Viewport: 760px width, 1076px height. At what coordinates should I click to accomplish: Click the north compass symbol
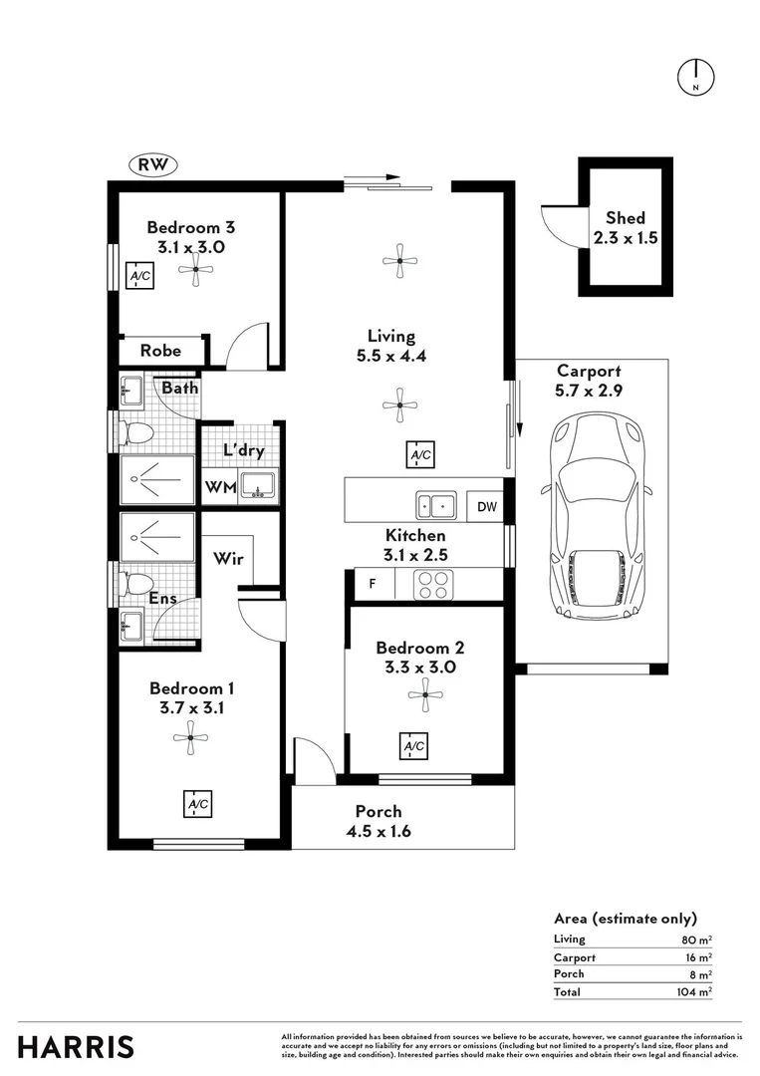pos(696,77)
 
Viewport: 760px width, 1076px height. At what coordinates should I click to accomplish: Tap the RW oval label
pos(153,165)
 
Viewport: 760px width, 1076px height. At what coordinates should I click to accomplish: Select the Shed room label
pos(626,218)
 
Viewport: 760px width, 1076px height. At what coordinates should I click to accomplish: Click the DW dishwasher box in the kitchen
pos(486,507)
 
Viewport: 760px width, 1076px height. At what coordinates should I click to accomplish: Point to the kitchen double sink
pos(436,506)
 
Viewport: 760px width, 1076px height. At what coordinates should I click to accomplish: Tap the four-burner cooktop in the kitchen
pos(434,584)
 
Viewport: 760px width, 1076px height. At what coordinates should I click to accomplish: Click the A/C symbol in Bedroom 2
pos(413,746)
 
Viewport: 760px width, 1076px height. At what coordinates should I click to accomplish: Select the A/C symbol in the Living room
pos(420,455)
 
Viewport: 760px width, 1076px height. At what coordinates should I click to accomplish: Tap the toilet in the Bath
pos(134,432)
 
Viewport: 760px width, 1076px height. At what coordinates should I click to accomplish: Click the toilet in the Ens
pos(134,583)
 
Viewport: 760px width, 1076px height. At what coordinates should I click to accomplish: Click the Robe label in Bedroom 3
pos(160,351)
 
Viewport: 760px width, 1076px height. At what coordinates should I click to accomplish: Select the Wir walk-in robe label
pos(228,559)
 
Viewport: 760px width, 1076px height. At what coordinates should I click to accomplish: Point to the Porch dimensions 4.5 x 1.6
pos(379,832)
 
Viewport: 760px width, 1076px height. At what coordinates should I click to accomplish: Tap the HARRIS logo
pos(76,1047)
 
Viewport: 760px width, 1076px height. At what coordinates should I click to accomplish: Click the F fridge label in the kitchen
pos(373,585)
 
